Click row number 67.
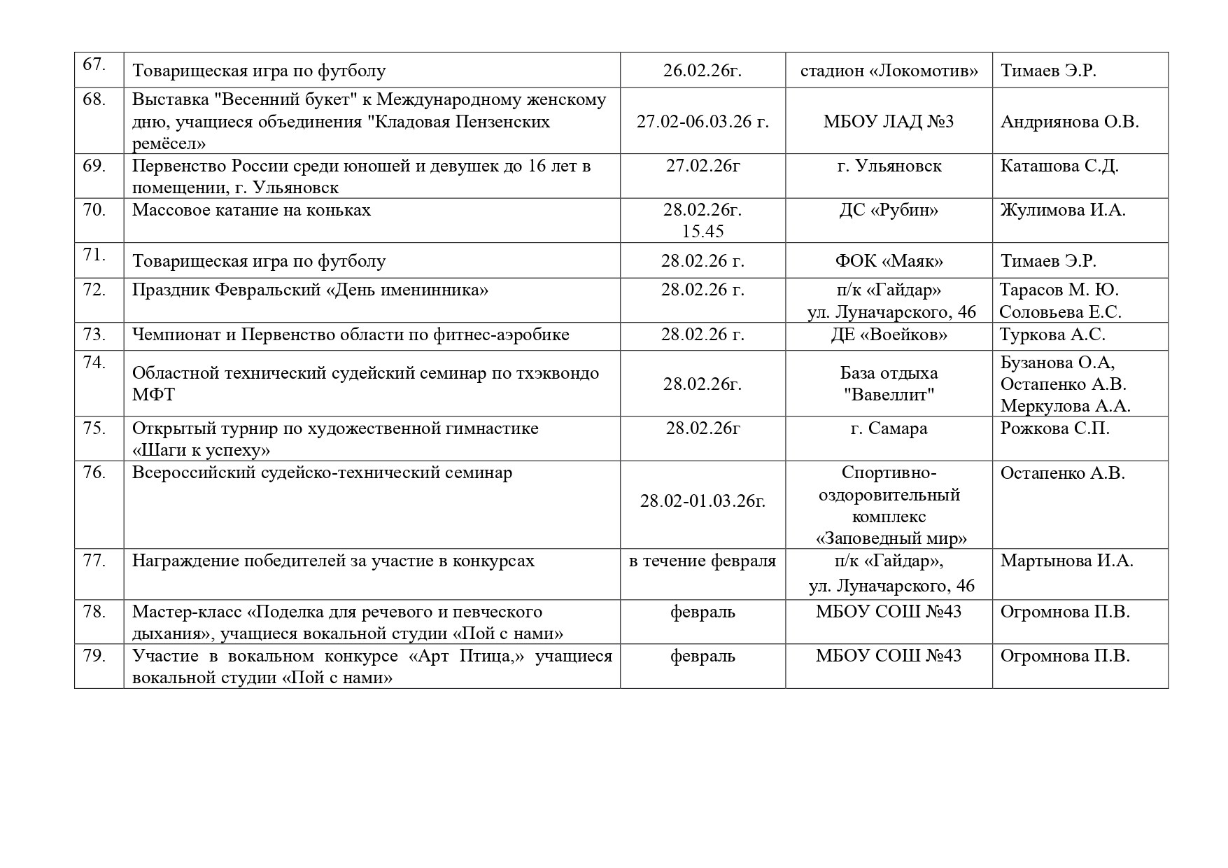pyautogui.click(x=94, y=64)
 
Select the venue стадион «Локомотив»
pyautogui.click(x=889, y=71)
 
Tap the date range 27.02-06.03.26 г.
pyautogui.click(x=703, y=122)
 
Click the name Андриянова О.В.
pyautogui.click(x=1070, y=122)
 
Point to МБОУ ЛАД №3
pyautogui.click(x=889, y=122)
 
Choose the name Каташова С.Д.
pyautogui.click(x=1059, y=166)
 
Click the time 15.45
pyautogui.click(x=703, y=232)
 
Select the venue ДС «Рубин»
pyautogui.click(x=889, y=210)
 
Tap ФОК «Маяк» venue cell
pyautogui.click(x=889, y=261)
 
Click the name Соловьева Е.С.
pyautogui.click(x=1060, y=312)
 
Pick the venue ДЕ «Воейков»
pyautogui.click(x=889, y=335)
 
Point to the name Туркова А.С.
pyautogui.click(x=1052, y=335)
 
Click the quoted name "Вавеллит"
pyautogui.click(x=889, y=395)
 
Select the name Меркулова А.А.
pyautogui.click(x=1065, y=406)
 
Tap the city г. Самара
pyautogui.click(x=889, y=428)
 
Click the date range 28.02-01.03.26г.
pyautogui.click(x=703, y=501)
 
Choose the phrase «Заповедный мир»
pyautogui.click(x=891, y=539)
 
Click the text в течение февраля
pyautogui.click(x=703, y=561)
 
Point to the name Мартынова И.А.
pyautogui.click(x=1066, y=561)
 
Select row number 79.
pyautogui.click(x=94, y=656)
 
